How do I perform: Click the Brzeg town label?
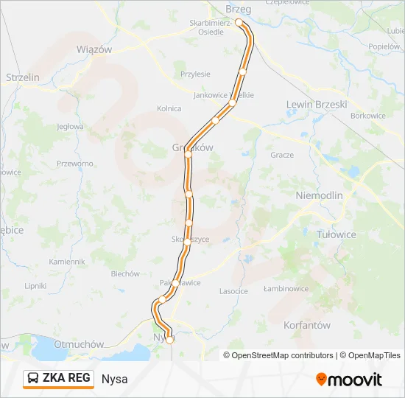click(x=239, y=9)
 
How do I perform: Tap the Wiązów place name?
click(x=94, y=49)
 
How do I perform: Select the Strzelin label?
click(x=22, y=77)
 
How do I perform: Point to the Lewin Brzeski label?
click(x=316, y=105)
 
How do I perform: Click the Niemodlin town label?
click(x=319, y=195)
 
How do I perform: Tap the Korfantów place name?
click(x=306, y=324)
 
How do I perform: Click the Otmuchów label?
click(x=77, y=343)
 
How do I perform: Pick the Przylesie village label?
click(x=196, y=74)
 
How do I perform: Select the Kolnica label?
click(x=169, y=108)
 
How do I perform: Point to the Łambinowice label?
click(x=286, y=289)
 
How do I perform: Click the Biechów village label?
click(x=125, y=274)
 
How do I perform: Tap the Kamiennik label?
click(x=67, y=262)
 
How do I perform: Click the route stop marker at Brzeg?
click(x=239, y=23)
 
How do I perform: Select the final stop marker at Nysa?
click(x=169, y=340)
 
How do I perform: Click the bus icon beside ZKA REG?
click(x=34, y=379)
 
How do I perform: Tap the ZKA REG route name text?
click(x=66, y=379)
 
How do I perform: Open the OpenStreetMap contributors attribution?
click(x=282, y=355)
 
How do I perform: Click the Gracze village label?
click(x=282, y=155)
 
